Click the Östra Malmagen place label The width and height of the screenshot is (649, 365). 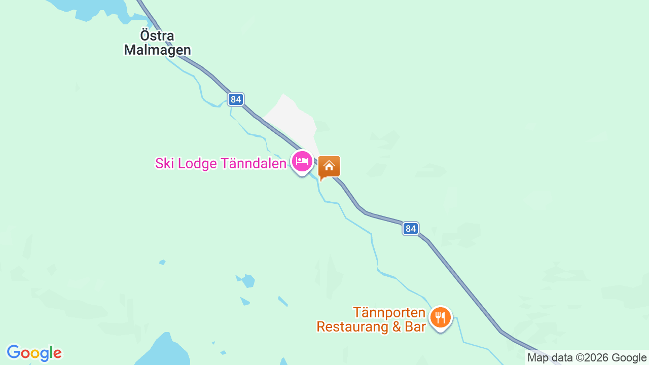(x=157, y=43)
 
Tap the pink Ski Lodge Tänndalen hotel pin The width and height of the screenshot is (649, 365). (x=302, y=162)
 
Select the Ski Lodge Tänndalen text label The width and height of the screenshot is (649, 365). (x=221, y=163)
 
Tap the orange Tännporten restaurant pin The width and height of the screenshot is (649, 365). (x=440, y=318)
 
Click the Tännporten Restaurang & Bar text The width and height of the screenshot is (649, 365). (x=371, y=319)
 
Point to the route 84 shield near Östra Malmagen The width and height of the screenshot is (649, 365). (x=236, y=99)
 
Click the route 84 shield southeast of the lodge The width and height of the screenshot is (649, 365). (x=411, y=229)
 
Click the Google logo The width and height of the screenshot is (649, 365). (x=34, y=353)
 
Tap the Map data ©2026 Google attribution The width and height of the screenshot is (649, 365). (x=587, y=358)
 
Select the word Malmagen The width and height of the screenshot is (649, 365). (x=157, y=50)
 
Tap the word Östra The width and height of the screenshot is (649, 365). (x=157, y=36)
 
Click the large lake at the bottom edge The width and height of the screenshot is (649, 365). (x=162, y=352)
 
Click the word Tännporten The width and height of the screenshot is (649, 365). (x=389, y=312)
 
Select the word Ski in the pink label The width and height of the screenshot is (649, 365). (x=165, y=163)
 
